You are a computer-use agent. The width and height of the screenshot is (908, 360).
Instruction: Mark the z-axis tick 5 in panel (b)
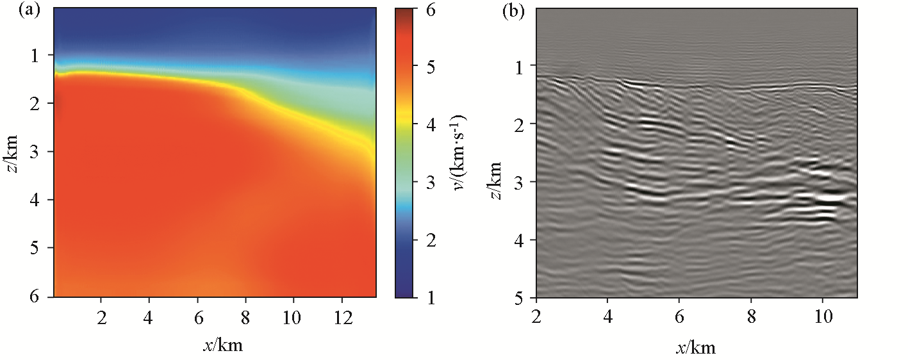520,298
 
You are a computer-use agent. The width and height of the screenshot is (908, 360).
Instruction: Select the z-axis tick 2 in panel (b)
520,124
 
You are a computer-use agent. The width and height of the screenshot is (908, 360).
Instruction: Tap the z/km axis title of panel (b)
496,181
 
